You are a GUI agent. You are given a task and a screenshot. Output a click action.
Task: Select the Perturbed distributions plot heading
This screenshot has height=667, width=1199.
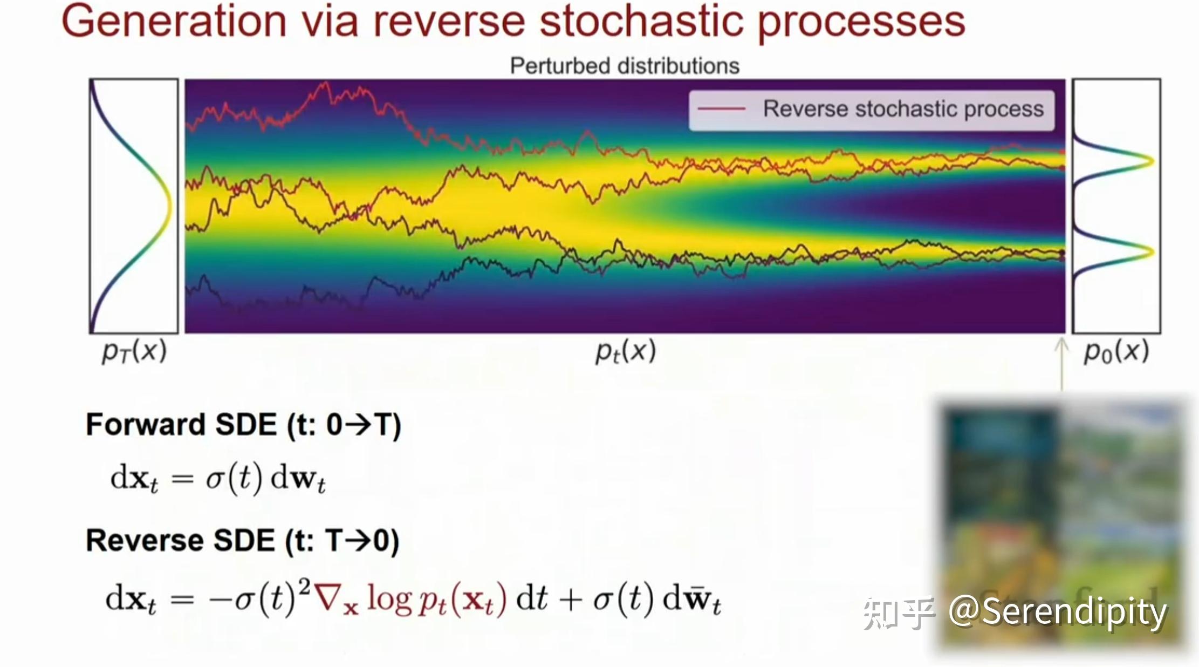[625, 66]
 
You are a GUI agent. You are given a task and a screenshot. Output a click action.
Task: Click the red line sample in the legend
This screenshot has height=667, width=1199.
[721, 109]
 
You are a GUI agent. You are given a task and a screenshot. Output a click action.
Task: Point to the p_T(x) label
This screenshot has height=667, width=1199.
[134, 351]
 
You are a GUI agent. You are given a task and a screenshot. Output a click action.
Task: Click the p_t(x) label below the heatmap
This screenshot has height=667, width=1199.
[625, 351]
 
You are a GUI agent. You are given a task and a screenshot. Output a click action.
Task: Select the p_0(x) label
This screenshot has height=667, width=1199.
[1116, 351]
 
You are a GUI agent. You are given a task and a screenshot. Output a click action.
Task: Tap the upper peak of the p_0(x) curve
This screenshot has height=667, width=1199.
[1151, 160]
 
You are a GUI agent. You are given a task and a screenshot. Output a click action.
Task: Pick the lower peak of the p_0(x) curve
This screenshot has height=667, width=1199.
[1151, 251]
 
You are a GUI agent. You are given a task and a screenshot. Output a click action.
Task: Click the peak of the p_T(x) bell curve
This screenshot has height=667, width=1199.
[168, 206]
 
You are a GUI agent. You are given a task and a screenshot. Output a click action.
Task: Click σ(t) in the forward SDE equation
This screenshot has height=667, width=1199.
[234, 478]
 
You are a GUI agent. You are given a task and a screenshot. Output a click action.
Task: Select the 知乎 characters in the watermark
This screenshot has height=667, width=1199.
[897, 613]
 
